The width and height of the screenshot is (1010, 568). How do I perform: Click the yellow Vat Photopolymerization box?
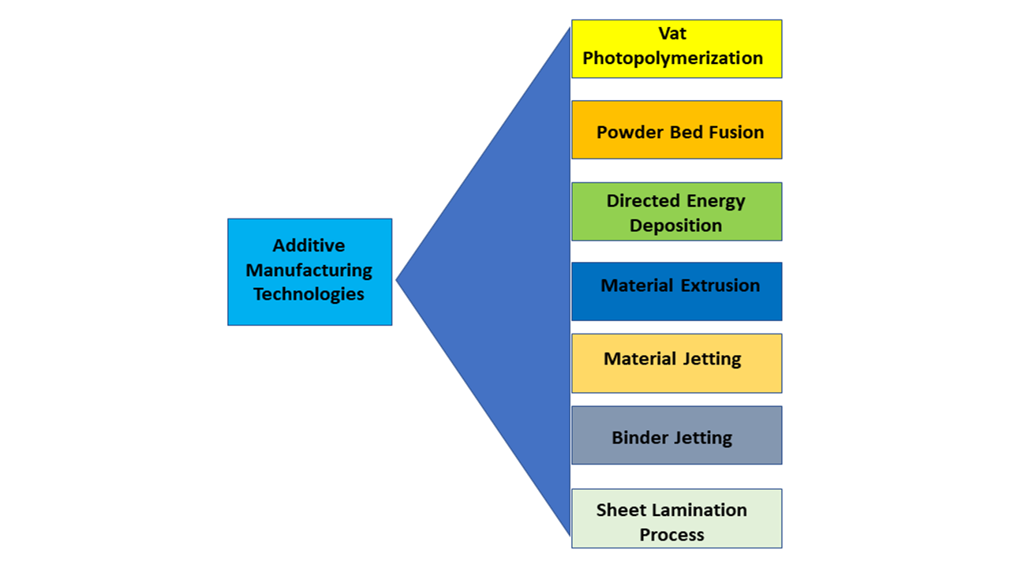676,48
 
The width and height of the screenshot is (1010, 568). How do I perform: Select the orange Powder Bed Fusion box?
676,129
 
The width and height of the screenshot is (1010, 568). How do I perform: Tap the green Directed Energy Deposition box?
676,211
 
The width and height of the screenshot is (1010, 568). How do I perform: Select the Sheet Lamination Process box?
676,518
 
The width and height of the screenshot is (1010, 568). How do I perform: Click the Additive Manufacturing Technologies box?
309,271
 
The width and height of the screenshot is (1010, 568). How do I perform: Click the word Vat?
672,34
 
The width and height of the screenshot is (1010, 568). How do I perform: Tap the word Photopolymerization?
672,58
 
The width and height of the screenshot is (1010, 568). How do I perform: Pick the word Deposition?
675,226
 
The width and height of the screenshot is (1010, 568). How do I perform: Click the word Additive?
309,245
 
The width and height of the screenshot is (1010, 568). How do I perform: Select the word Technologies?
309,294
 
